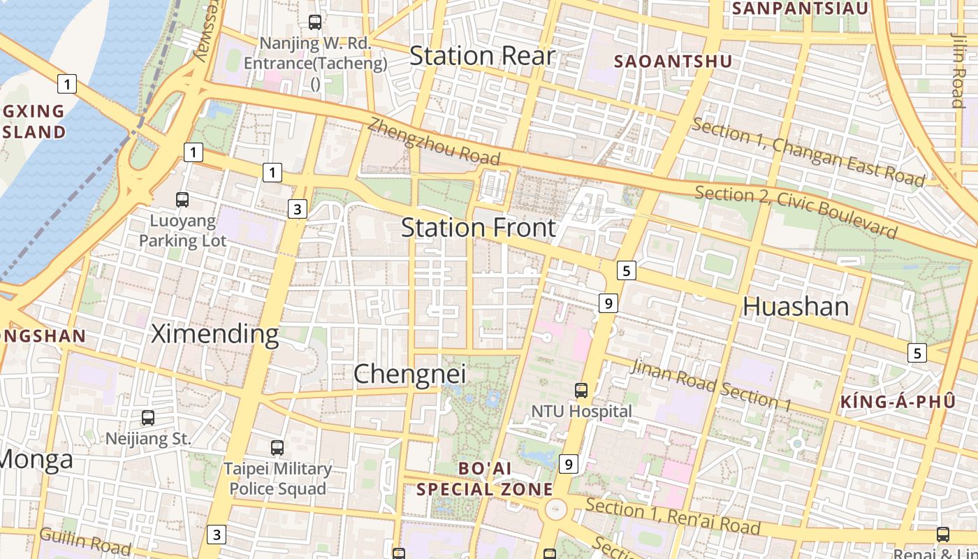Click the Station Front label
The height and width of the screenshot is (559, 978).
(479, 228)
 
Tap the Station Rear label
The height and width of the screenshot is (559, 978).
(482, 56)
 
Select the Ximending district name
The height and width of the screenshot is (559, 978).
(215, 334)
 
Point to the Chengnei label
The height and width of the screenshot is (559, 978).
(409, 374)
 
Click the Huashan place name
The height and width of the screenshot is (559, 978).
(796, 306)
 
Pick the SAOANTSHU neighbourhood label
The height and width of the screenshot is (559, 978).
(673, 61)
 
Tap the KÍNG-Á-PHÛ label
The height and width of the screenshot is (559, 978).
(898, 402)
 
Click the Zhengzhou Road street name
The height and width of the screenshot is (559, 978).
(434, 140)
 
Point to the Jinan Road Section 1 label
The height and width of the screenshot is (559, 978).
(711, 385)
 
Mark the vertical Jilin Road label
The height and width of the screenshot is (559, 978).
(957, 70)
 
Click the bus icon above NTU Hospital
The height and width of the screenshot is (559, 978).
(581, 391)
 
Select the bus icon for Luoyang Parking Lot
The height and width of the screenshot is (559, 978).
(182, 200)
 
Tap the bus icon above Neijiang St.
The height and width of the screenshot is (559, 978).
(148, 418)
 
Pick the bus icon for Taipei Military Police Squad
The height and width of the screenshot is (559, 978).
(277, 447)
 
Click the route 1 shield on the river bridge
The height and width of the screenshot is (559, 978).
(66, 85)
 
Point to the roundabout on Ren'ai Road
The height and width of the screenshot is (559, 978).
(556, 509)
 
